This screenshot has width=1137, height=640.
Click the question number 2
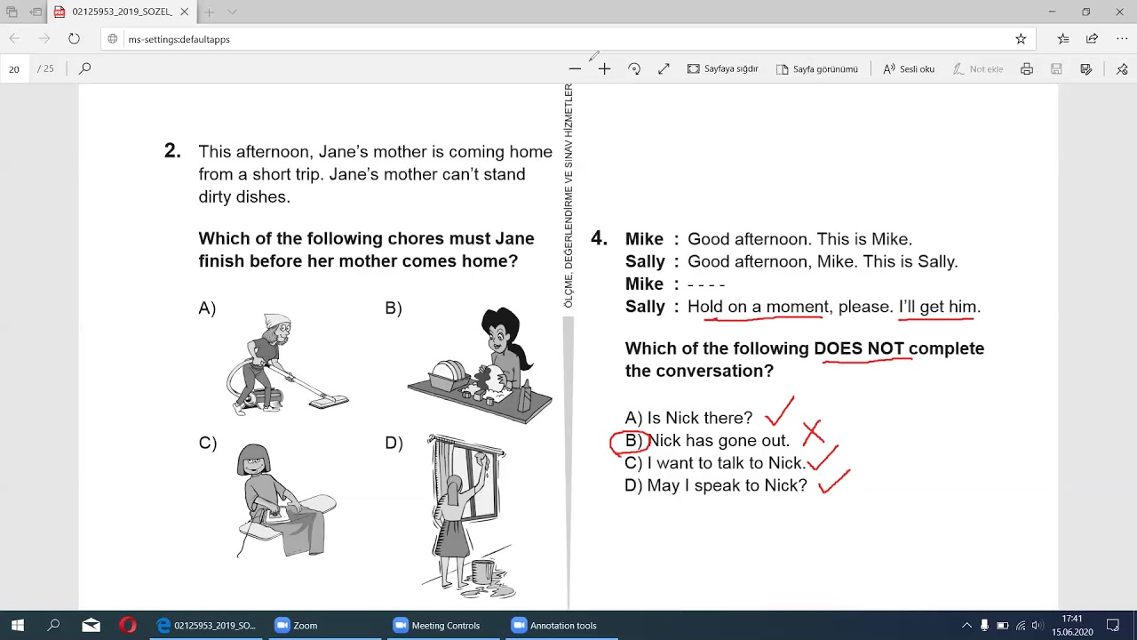(x=172, y=151)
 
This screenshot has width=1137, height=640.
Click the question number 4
(x=599, y=238)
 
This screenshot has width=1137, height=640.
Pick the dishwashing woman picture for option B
(x=480, y=364)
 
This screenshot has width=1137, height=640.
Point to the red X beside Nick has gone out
(x=813, y=432)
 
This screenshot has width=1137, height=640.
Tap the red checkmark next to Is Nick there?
(x=780, y=412)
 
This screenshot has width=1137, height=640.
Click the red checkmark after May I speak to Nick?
(x=833, y=482)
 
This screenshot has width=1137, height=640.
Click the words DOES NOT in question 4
(x=859, y=348)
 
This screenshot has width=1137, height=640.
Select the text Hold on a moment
(x=758, y=307)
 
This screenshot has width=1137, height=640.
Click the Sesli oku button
(x=909, y=68)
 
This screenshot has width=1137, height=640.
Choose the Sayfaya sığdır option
(x=722, y=68)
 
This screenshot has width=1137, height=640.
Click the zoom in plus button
(x=604, y=69)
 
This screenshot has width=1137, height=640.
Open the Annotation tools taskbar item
(x=555, y=625)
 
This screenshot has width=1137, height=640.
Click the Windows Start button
(x=17, y=625)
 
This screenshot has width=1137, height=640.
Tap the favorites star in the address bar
(x=1021, y=39)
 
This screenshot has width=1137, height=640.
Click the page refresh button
(x=74, y=38)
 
